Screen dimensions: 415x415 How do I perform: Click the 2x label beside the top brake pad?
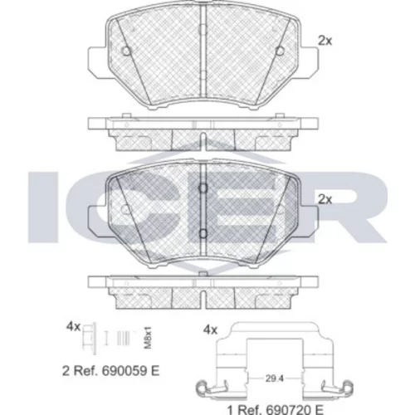coord(325,41)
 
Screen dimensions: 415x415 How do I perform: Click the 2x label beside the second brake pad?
coord(325,199)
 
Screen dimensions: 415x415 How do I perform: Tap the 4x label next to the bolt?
coord(73,327)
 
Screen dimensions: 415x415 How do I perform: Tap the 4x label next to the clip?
coord(210,330)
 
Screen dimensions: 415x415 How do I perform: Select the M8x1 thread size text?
coord(149,337)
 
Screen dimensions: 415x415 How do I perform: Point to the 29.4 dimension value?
coord(275,378)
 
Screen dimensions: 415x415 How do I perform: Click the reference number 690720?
coord(288,409)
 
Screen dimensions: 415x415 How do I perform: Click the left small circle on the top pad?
coord(126,51)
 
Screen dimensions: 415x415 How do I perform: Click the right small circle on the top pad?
coord(280,51)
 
